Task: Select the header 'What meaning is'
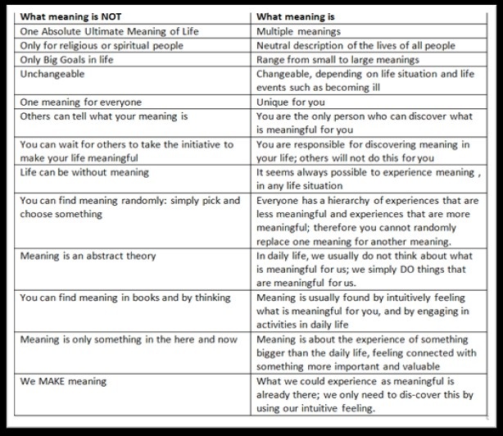[x=296, y=16]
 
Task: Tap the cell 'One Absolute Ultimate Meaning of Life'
[x=108, y=31]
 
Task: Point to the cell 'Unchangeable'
[x=52, y=74]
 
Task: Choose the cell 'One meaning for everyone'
[x=80, y=102]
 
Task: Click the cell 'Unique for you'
[x=290, y=102]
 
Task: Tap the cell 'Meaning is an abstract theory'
[x=88, y=256]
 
